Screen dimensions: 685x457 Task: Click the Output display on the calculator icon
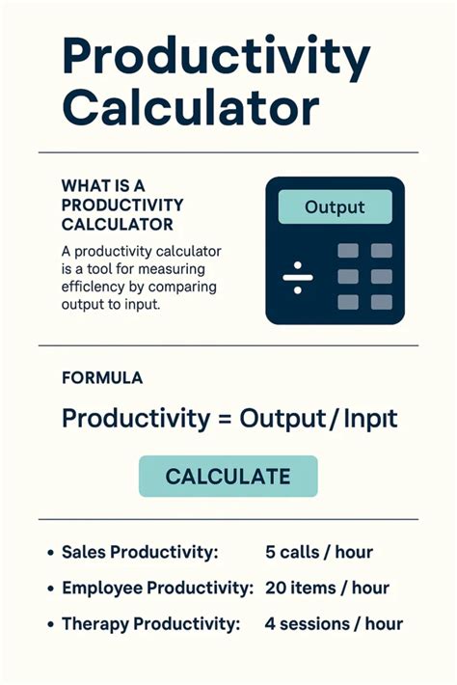(x=335, y=206)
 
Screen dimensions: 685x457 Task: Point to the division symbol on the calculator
(x=298, y=277)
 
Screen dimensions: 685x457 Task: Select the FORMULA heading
(x=101, y=378)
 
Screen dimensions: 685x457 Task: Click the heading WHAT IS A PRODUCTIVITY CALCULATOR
(x=122, y=205)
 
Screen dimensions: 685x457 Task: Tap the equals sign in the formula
(x=223, y=420)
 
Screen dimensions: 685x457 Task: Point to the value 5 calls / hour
(x=318, y=552)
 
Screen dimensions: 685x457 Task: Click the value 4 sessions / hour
(x=334, y=623)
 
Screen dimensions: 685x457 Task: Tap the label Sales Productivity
(x=140, y=552)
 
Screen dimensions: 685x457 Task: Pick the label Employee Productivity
(x=157, y=588)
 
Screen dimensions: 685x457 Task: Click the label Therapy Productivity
(x=149, y=623)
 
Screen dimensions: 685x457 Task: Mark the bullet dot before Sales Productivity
(x=48, y=553)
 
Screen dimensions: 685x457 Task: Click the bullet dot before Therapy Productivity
(x=48, y=624)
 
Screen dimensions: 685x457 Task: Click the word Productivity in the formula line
(x=133, y=420)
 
